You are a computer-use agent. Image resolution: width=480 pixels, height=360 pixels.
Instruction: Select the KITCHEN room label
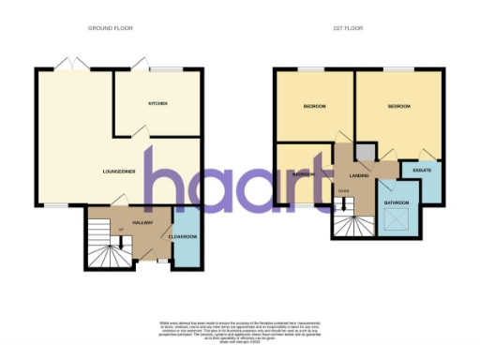[157, 103]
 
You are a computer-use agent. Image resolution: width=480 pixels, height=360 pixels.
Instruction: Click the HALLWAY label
[142, 222]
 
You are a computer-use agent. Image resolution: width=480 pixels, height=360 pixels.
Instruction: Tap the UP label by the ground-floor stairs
[121, 228]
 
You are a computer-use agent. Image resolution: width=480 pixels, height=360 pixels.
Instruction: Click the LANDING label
[357, 175]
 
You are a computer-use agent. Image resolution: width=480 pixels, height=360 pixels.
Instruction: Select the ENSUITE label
[422, 170]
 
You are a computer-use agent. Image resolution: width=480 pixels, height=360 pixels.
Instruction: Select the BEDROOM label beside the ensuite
[400, 107]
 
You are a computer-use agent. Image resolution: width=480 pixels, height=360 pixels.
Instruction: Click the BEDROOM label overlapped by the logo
[303, 174]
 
